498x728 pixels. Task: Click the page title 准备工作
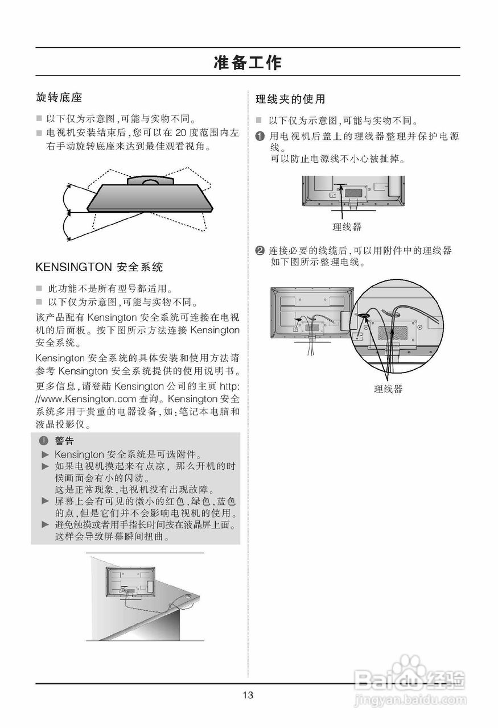[248, 62]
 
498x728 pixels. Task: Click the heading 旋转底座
[59, 98]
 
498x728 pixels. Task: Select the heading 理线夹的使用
[290, 100]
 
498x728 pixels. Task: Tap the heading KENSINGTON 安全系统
[99, 267]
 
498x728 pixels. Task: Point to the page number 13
[248, 695]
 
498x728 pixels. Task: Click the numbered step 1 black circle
[260, 137]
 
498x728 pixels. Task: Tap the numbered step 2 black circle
[260, 251]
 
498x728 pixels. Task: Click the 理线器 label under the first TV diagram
[347, 227]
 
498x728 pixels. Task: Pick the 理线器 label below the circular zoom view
[388, 389]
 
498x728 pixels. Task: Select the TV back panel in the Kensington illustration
[130, 581]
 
